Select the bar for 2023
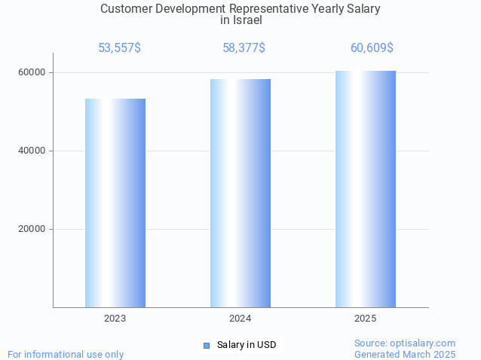coord(115,203)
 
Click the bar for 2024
coord(240,193)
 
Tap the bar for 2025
coord(366,189)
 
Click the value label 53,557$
coord(119,48)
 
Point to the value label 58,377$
coord(244,48)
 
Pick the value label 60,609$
coord(372,48)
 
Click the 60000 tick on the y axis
coord(31,72)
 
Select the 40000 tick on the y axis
coord(31,151)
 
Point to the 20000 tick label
coord(31,229)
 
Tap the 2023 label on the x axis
coord(115,319)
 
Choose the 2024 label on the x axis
coord(240,319)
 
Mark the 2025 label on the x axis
coord(366,319)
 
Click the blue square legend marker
coord(207,345)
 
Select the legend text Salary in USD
coord(247,345)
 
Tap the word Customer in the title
coord(126,9)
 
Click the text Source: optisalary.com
coord(405,343)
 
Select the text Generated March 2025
coord(405,354)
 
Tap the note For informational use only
coord(66,354)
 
